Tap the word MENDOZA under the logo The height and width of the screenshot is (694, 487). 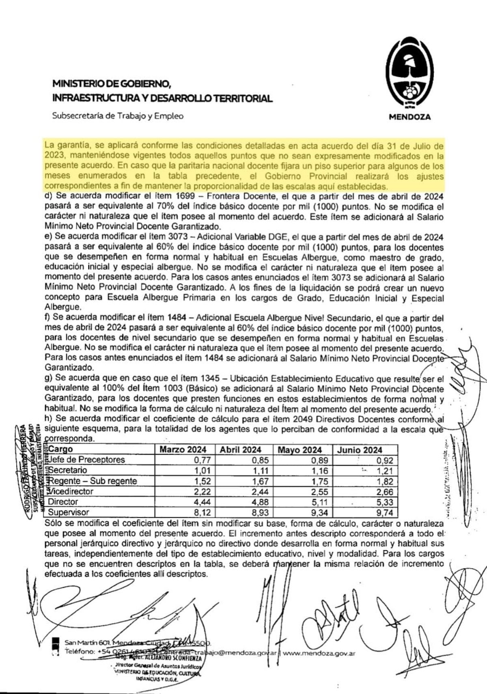410,117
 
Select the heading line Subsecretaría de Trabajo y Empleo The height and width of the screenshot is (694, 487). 118,116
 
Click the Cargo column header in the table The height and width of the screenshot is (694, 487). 60,449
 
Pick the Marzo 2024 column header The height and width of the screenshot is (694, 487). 183,450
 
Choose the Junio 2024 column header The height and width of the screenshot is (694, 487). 360,450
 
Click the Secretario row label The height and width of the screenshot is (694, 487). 67,470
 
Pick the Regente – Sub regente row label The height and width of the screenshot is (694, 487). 93,481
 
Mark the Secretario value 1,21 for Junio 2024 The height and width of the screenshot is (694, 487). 385,471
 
